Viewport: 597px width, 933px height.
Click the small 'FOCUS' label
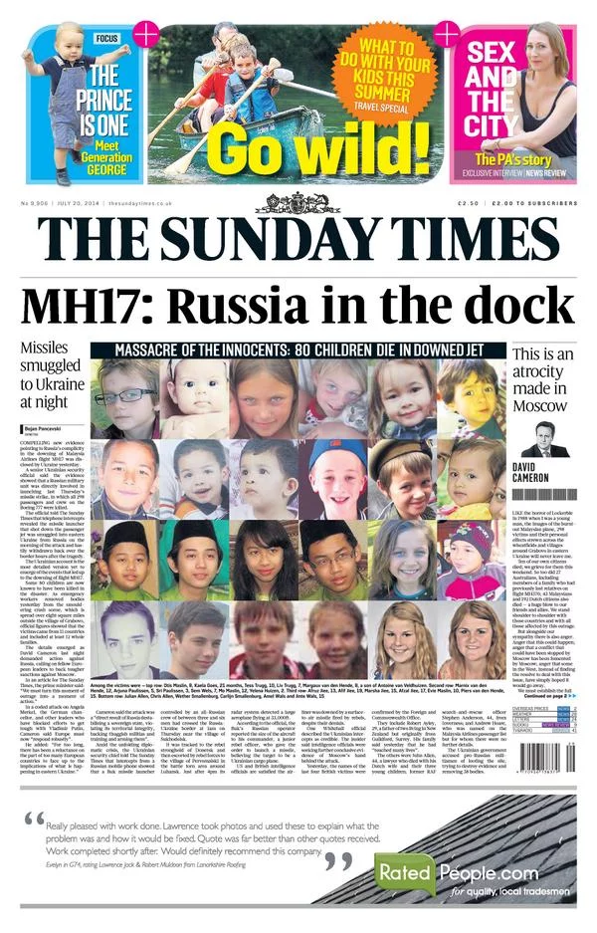click(107, 38)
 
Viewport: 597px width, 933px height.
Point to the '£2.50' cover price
click(468, 203)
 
